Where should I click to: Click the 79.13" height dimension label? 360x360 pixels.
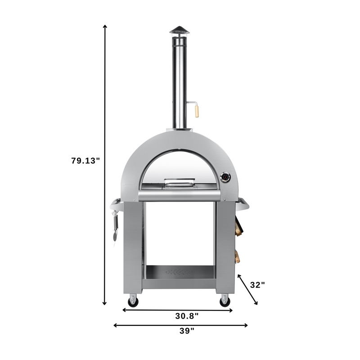(85, 161)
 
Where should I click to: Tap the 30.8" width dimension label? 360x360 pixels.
(187, 316)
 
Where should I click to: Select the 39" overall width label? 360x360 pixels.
(187, 331)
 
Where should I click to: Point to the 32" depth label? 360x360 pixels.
(257, 284)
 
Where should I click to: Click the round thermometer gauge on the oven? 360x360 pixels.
(225, 177)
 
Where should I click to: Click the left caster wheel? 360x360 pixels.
(133, 301)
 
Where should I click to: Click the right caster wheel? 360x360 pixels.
(225, 301)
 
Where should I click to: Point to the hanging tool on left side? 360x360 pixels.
(116, 227)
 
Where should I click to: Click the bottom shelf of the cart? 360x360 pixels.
(179, 272)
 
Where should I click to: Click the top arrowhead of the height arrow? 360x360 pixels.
(105, 26)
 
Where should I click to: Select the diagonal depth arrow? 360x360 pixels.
(248, 290)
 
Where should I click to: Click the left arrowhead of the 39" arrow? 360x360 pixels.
(115, 325)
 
